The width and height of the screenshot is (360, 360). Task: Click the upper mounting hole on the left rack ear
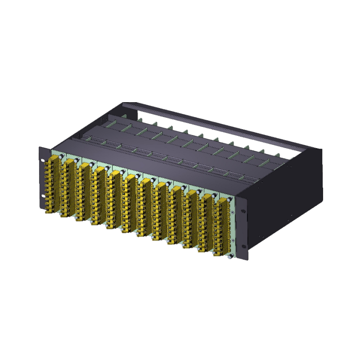click(x=43, y=160)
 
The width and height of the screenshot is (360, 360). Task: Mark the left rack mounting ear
click(x=43, y=178)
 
